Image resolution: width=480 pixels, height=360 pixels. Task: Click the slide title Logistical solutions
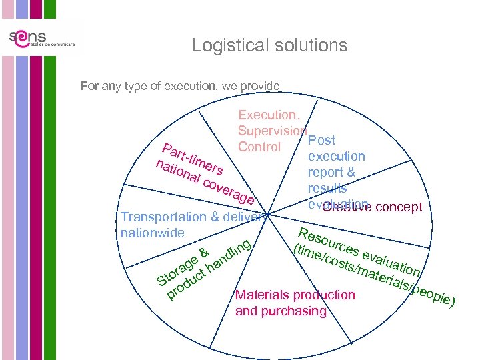(x=269, y=45)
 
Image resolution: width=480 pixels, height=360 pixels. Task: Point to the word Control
(x=259, y=147)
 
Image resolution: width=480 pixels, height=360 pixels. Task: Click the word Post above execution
(x=321, y=141)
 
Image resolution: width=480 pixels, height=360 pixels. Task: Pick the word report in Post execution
(x=325, y=173)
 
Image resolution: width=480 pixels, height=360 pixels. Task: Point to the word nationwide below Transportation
(x=151, y=233)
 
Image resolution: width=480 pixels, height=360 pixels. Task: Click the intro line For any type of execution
(x=180, y=86)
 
